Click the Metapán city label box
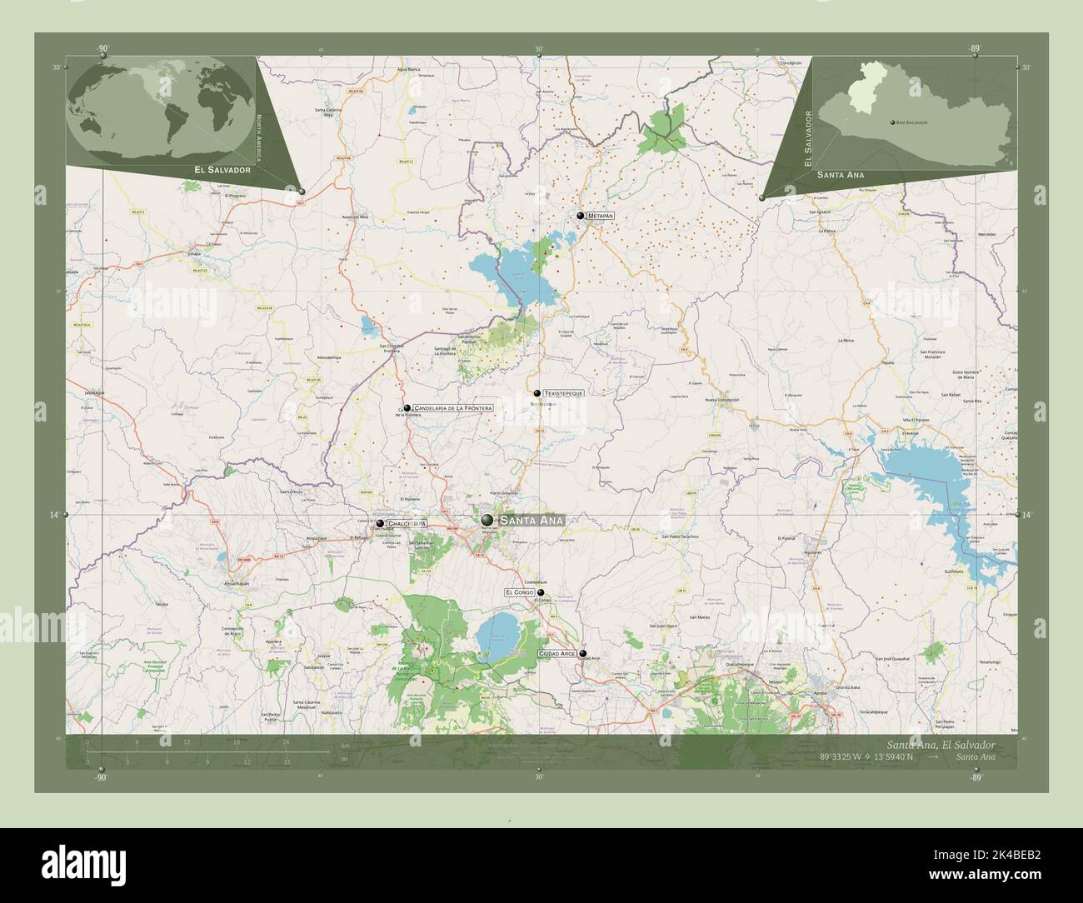[600, 216]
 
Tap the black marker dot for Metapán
[581, 216]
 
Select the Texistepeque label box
[564, 392]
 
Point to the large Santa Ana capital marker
[487, 520]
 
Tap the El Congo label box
[519, 592]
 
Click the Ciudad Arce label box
[558, 654]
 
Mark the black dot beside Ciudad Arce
[583, 654]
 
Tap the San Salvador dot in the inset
[892, 122]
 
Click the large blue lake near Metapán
[508, 275]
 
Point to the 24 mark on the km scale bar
[285, 741]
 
